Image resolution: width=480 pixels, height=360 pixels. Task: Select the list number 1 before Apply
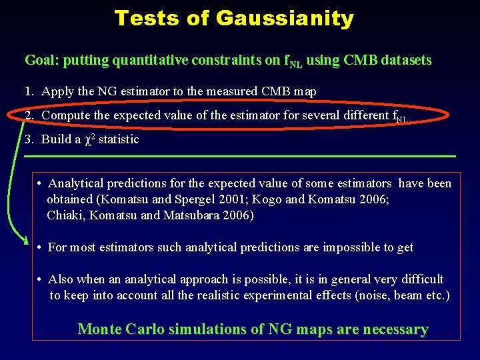click(29, 91)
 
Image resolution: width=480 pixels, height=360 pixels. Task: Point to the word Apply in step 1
click(57, 91)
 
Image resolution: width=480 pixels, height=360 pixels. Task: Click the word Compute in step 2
click(66, 115)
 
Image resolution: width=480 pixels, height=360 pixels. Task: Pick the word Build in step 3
click(54, 139)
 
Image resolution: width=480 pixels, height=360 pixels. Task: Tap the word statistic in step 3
click(119, 139)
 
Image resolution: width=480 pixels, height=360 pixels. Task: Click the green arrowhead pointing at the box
click(25, 241)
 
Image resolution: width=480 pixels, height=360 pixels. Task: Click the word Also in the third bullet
click(61, 279)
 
